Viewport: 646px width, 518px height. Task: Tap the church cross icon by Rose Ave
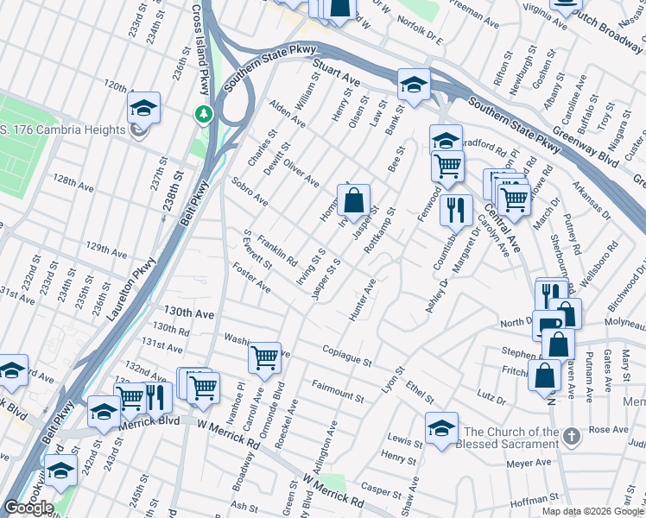(571, 437)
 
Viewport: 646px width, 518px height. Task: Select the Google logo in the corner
(28, 508)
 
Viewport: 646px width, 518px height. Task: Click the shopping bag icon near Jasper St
(353, 203)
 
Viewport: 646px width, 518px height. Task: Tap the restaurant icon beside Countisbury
(455, 209)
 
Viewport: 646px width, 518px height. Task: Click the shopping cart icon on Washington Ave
(264, 357)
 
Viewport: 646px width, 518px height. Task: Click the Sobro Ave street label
(250, 193)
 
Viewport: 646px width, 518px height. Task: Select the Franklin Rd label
(277, 252)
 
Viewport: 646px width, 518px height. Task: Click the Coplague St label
(346, 355)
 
